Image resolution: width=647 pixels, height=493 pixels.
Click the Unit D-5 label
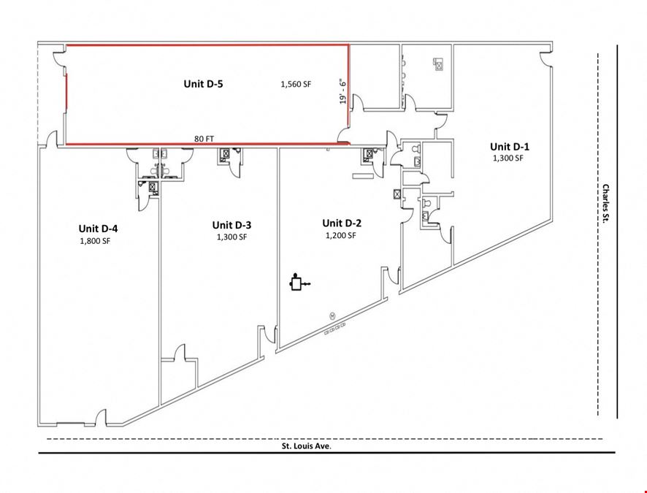click(203, 84)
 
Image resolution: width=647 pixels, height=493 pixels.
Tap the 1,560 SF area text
click(296, 85)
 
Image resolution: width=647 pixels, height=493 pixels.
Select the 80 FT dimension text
click(204, 139)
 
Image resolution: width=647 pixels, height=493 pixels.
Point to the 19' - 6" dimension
click(342, 91)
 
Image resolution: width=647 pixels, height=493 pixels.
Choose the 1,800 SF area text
click(95, 241)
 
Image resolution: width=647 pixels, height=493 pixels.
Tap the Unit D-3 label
click(231, 225)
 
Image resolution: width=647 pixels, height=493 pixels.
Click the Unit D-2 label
click(342, 223)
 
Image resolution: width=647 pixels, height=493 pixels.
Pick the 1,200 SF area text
click(340, 236)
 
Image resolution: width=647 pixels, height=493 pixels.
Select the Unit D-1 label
click(510, 147)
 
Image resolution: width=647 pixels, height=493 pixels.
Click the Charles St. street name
click(605, 204)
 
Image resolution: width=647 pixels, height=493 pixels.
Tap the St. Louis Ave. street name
click(307, 446)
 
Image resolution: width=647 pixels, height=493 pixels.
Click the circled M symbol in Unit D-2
click(332, 316)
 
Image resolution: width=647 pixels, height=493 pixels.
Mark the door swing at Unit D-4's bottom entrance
click(102, 417)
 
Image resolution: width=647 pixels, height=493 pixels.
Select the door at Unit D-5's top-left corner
click(58, 58)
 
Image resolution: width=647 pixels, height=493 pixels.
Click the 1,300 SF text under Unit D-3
click(232, 237)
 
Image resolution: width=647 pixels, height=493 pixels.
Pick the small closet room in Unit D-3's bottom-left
click(178, 380)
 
